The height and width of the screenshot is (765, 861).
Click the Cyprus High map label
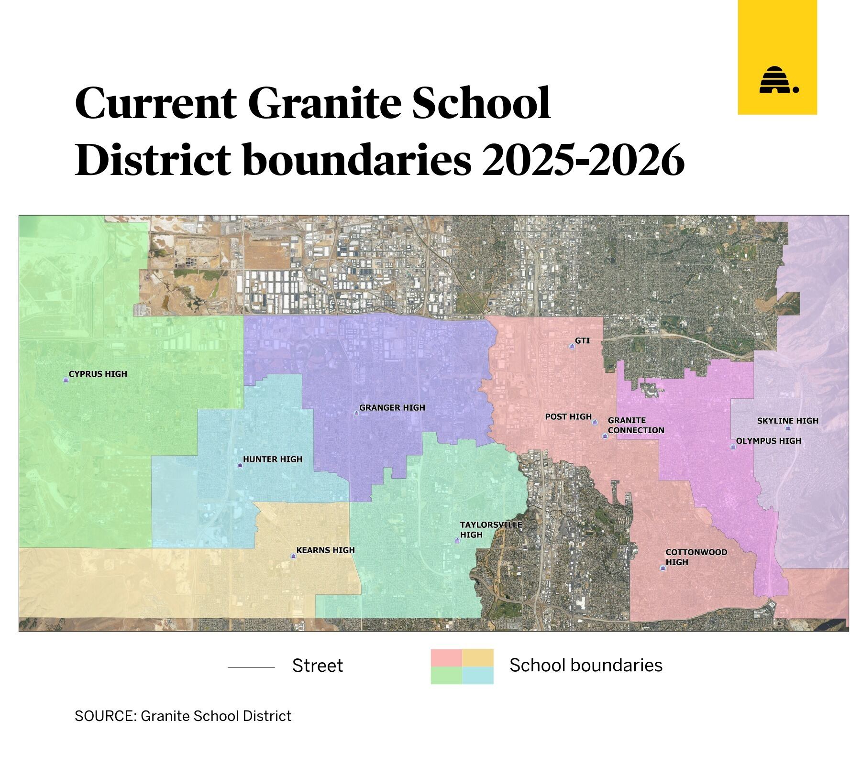(98, 374)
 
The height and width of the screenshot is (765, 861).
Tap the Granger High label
(392, 408)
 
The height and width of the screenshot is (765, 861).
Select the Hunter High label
(273, 459)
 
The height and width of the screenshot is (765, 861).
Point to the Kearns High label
(325, 550)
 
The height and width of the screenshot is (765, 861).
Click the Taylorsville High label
(490, 530)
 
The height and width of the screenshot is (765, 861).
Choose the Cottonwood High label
(696, 557)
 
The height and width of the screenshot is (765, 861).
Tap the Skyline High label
(787, 421)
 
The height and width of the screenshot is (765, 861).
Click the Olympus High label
(768, 441)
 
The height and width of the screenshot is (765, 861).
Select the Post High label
(568, 417)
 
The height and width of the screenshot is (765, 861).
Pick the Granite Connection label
(636, 425)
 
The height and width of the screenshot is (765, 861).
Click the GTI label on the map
(582, 341)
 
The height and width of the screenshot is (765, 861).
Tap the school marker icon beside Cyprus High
(66, 380)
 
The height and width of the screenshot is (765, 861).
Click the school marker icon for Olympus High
(732, 447)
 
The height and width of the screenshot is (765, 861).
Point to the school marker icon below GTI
(572, 346)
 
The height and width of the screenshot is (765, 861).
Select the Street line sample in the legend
(251, 667)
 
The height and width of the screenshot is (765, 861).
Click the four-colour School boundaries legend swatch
(462, 667)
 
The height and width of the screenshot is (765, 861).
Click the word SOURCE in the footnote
(105, 716)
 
